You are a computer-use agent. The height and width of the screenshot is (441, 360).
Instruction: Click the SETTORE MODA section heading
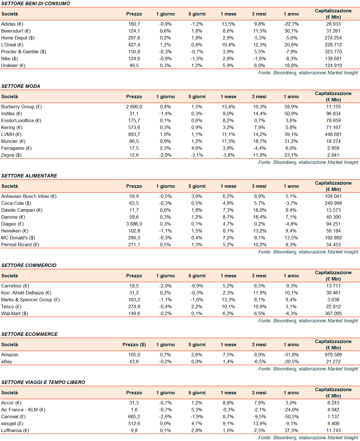coord(21,86)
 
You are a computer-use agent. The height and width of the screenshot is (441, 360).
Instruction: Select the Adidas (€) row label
coord(12,24)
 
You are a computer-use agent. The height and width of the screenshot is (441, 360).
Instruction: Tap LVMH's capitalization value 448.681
coord(333,134)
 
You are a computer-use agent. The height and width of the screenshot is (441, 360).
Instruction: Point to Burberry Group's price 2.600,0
coord(134,107)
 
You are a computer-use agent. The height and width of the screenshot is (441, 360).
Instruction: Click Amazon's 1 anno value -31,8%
coord(291,355)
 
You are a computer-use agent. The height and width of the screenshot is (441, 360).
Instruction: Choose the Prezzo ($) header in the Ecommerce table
coord(134,345)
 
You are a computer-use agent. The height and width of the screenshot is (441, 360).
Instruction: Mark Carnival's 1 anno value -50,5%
coord(291,417)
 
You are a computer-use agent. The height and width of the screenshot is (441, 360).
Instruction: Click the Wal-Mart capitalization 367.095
coord(333,313)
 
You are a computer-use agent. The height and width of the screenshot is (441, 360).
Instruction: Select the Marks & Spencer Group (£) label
coord(30,300)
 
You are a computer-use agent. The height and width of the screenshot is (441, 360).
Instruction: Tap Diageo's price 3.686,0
coord(134,224)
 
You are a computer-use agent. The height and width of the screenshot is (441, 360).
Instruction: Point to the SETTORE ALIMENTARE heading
coord(29,176)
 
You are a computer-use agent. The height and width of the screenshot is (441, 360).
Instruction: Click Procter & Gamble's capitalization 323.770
coord(333,52)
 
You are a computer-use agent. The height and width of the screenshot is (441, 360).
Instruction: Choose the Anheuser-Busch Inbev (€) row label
coord(29,196)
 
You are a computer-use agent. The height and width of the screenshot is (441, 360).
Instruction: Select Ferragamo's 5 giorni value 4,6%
coord(197,148)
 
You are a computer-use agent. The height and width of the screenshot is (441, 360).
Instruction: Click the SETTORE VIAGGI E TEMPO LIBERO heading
coord(43,382)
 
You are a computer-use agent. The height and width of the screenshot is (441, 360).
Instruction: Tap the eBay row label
coord(7,361)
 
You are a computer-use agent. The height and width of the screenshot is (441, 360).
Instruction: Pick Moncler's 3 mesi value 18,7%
coord(260,141)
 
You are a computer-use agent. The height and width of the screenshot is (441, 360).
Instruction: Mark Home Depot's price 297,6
coord(134,38)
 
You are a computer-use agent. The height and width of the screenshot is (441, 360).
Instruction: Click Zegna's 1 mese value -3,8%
coord(228,155)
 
